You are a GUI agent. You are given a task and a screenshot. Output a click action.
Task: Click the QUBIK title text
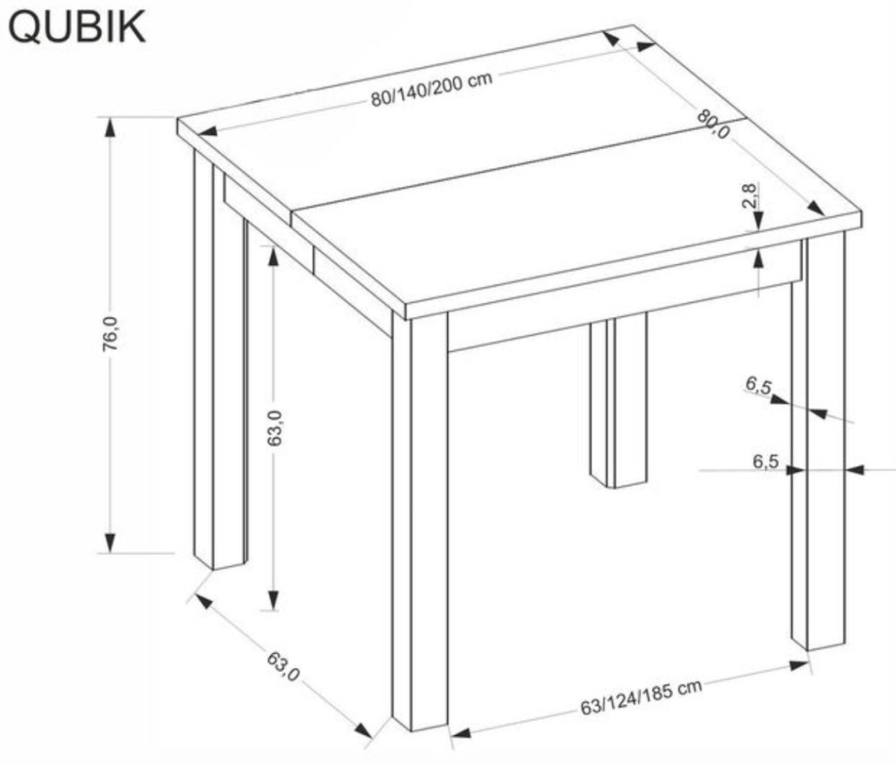76,27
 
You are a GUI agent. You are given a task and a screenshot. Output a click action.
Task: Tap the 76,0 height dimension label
110,336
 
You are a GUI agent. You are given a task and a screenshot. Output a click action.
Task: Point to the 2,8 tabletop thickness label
751,195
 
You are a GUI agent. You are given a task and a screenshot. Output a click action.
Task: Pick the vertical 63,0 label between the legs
273,427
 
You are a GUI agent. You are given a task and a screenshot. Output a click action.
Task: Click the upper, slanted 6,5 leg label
758,386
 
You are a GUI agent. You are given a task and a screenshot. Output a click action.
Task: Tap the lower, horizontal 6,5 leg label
764,462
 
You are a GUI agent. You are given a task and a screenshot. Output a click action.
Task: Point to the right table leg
818,448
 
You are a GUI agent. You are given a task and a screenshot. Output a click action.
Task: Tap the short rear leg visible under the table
618,403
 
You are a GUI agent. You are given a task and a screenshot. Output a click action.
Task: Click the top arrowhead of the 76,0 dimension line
110,126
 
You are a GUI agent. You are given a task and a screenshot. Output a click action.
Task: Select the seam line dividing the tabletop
520,170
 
